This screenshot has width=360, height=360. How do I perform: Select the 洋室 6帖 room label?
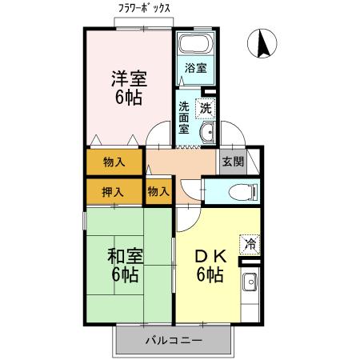click(x=128, y=87)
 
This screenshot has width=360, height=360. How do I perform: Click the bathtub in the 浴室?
click(x=195, y=46)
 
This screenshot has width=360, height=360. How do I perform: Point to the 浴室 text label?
click(x=195, y=68)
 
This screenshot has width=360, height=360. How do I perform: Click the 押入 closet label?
click(x=114, y=191)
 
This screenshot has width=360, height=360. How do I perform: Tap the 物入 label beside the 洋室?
click(x=114, y=162)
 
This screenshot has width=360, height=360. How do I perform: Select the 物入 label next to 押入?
click(x=158, y=191)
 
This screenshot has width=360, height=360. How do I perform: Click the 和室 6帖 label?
click(x=125, y=266)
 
